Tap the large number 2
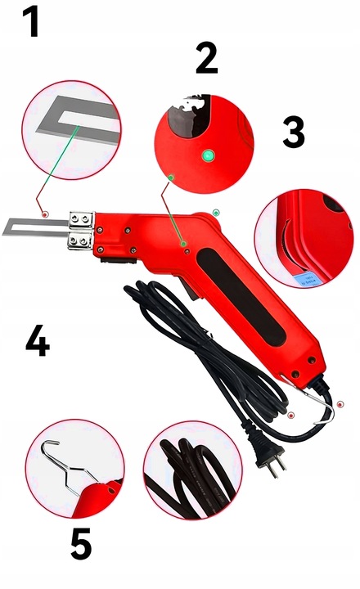[x=208, y=59]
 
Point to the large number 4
[x=36, y=344]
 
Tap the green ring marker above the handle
[x=215, y=212]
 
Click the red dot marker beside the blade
[x=45, y=214]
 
